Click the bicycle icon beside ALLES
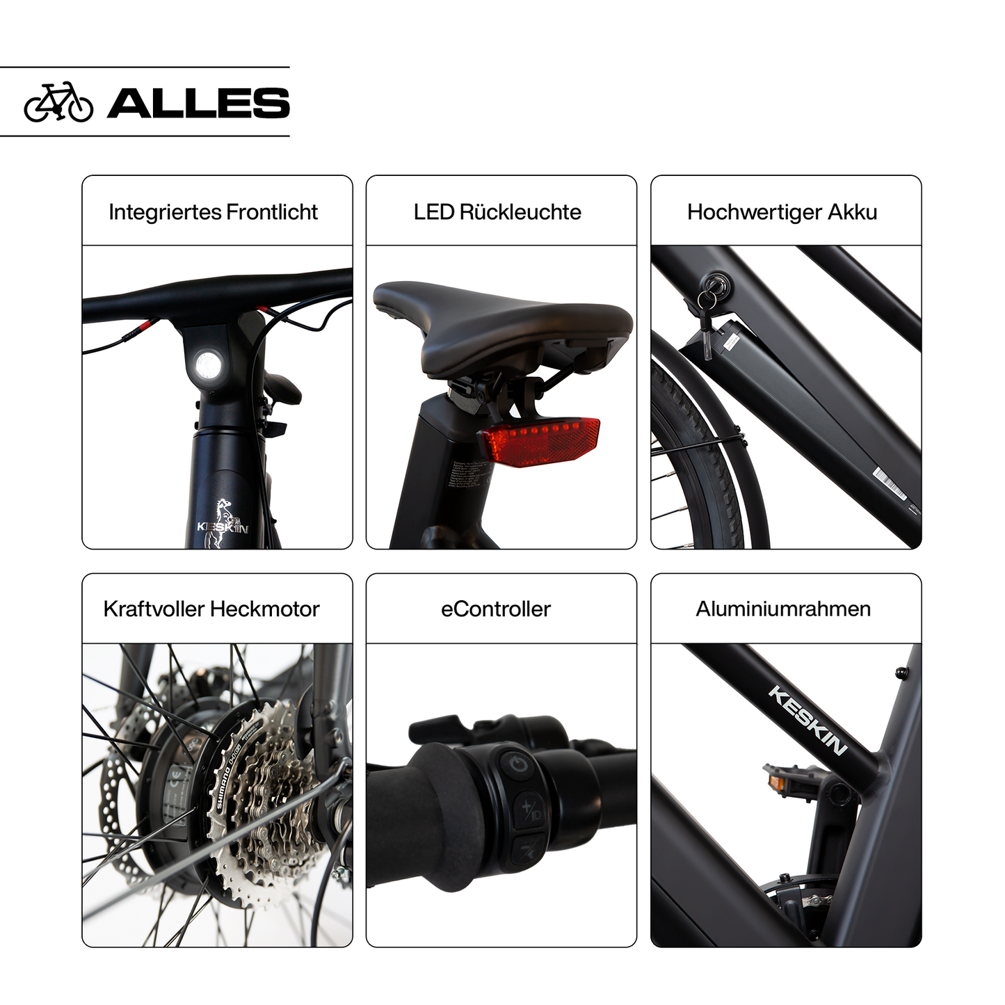pos(58,102)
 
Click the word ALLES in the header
pos(198,103)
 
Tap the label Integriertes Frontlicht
pos(213,211)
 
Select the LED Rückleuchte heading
pos(497,211)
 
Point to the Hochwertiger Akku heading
pos(782,211)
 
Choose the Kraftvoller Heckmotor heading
pos(211,609)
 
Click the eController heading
pos(496,609)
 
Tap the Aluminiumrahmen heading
pos(783,609)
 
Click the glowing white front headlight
pos(207,363)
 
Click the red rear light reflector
pos(541,441)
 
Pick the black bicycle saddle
pos(503,324)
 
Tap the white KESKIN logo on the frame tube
pos(807,720)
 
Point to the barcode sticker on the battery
pos(890,483)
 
